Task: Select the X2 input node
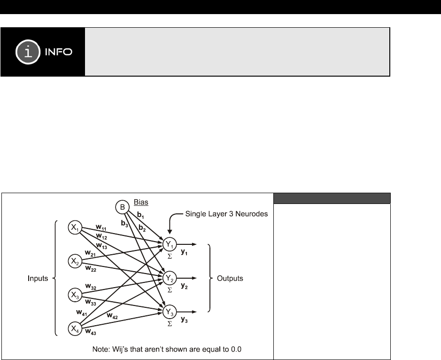pyautogui.click(x=75, y=260)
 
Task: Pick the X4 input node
pyautogui.click(x=75, y=328)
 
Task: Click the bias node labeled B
pyautogui.click(x=121, y=207)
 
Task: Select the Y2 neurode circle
pyautogui.click(x=170, y=278)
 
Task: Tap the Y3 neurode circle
pyautogui.click(x=170, y=312)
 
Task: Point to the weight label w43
pyautogui.click(x=91, y=333)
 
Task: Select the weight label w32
pyautogui.click(x=91, y=286)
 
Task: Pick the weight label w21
pyautogui.click(x=91, y=252)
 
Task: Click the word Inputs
pyautogui.click(x=38, y=278)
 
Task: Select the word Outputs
pyautogui.click(x=230, y=278)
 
